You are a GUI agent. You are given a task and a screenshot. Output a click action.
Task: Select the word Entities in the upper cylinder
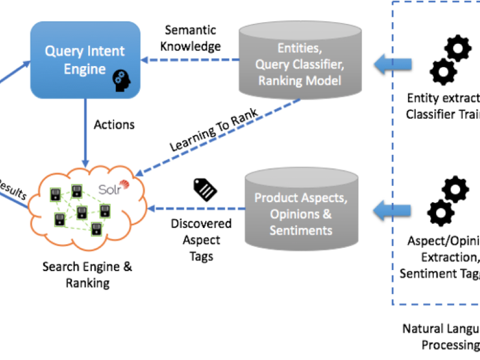coord(299,47)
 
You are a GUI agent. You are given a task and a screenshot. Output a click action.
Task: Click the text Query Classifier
coord(299,64)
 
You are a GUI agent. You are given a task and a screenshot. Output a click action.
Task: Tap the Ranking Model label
coord(299,80)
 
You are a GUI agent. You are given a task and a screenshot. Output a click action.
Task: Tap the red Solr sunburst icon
coord(125,186)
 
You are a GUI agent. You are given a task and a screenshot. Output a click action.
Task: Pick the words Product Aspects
coord(301,197)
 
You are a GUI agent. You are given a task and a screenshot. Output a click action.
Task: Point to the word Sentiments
coord(301,230)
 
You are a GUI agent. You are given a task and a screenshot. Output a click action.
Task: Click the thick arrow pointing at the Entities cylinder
coord(392,63)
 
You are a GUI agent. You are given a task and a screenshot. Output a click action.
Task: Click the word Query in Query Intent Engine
coord(62,50)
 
